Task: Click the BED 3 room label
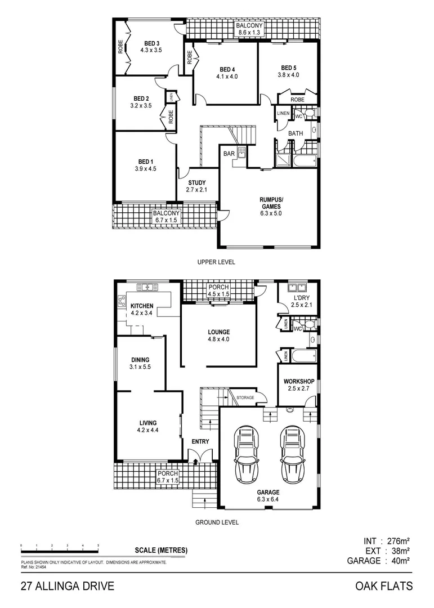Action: (x=151, y=43)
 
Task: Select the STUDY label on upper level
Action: (x=196, y=182)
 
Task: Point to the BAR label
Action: (x=229, y=153)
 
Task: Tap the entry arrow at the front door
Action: (x=195, y=461)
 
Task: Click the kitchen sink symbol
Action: (x=148, y=287)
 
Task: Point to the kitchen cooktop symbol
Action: (x=121, y=301)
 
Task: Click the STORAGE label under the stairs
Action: (x=245, y=398)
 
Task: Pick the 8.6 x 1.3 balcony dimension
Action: (x=250, y=34)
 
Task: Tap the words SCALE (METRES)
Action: (x=161, y=551)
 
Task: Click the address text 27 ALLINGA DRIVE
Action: (x=68, y=586)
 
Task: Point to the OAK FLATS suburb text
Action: (x=384, y=586)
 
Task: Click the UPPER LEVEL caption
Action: (x=216, y=262)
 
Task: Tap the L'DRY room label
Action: (x=299, y=298)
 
